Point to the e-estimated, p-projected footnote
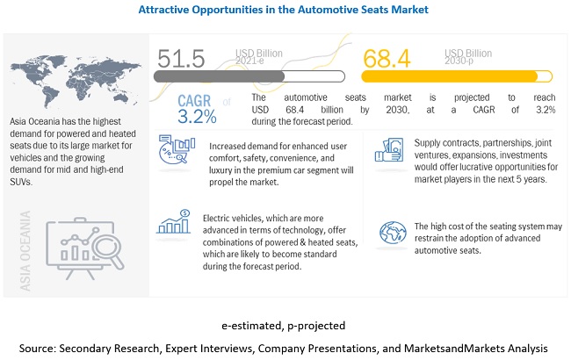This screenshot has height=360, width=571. pyautogui.click(x=285, y=325)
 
